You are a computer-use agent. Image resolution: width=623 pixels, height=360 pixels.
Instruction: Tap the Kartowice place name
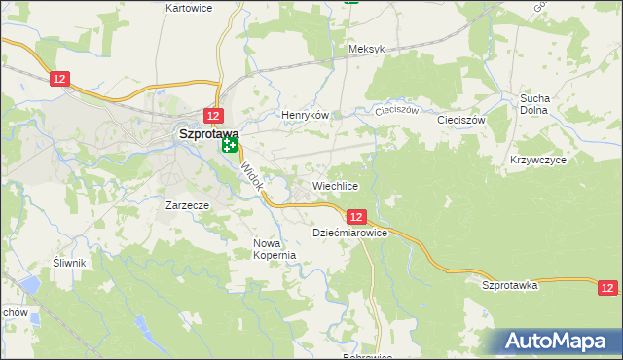coord(189,8)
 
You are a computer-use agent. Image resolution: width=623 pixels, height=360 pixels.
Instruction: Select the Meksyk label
coord(367,49)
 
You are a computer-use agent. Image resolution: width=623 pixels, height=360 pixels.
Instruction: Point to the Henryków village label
coord(305,115)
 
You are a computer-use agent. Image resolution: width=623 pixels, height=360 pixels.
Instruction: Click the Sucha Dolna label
coord(535,104)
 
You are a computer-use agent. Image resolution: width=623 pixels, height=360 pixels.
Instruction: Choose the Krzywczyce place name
coord(537,159)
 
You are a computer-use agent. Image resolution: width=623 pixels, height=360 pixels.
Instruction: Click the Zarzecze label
coord(188,206)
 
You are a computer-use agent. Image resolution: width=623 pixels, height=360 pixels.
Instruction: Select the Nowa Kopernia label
coord(274,249)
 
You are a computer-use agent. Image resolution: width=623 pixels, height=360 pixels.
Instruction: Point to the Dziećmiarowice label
coord(350,234)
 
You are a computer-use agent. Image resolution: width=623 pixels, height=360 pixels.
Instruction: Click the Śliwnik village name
coord(70,263)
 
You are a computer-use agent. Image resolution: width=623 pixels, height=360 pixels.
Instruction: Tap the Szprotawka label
coord(510,285)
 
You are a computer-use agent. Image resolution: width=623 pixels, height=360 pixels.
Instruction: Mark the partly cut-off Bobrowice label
coord(367,356)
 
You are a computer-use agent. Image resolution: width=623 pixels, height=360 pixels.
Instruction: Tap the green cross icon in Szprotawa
coord(230,147)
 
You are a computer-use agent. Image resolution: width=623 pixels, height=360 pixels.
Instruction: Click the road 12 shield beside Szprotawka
coord(607,288)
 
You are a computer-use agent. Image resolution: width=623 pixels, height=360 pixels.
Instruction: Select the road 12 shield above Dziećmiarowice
coord(355,217)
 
